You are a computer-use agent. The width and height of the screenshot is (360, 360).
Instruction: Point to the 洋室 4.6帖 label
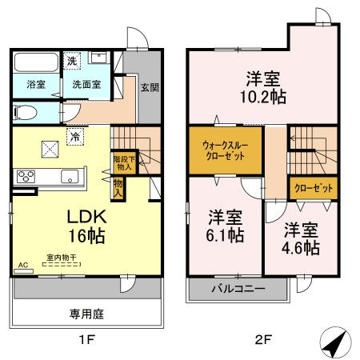[301, 238]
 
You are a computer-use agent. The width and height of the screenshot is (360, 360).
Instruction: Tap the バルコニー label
[238, 287]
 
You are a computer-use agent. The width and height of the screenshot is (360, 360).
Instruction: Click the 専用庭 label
[88, 314]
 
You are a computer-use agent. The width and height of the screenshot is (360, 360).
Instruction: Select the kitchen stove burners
[23, 178]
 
